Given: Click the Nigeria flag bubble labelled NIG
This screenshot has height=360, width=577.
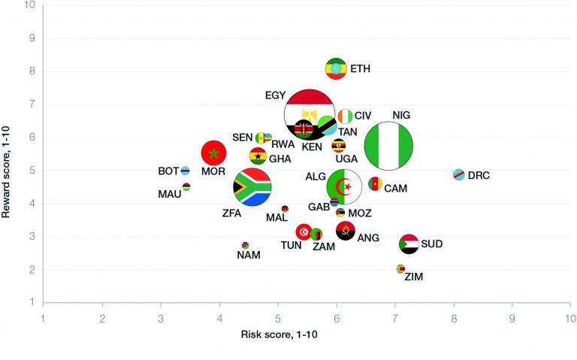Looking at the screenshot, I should click(x=389, y=146).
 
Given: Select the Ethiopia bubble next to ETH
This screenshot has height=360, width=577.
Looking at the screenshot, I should click(x=335, y=69).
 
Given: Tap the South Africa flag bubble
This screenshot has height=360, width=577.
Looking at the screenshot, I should click(x=252, y=187).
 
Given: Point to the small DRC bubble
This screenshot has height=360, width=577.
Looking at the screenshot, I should click(x=459, y=175).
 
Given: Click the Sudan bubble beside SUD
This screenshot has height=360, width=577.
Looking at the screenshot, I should click(x=409, y=244).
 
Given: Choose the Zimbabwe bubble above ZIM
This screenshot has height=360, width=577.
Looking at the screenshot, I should click(x=400, y=269).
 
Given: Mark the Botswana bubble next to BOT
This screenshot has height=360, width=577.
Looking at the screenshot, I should click(x=185, y=171).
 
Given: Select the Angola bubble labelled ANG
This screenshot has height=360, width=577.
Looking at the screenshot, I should click(x=346, y=231).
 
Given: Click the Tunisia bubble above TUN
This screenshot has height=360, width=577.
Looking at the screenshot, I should click(x=304, y=232).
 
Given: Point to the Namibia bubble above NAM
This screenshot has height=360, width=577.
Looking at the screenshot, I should click(x=245, y=245).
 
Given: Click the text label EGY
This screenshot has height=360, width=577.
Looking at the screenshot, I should click(x=275, y=96).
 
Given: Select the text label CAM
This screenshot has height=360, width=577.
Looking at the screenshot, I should click(x=395, y=188).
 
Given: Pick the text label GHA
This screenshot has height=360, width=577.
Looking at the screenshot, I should click(x=280, y=159).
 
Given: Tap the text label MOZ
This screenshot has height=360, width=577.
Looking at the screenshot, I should click(x=360, y=213).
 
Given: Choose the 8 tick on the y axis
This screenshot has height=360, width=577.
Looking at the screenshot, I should click(x=30, y=71).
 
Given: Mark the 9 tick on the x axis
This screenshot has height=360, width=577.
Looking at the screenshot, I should click(x=512, y=318).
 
